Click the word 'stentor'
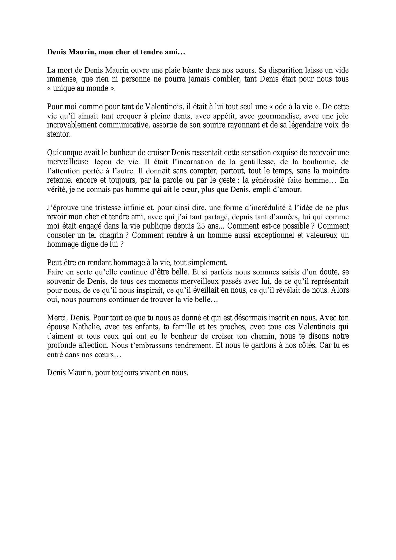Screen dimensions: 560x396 coord(59,134)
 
